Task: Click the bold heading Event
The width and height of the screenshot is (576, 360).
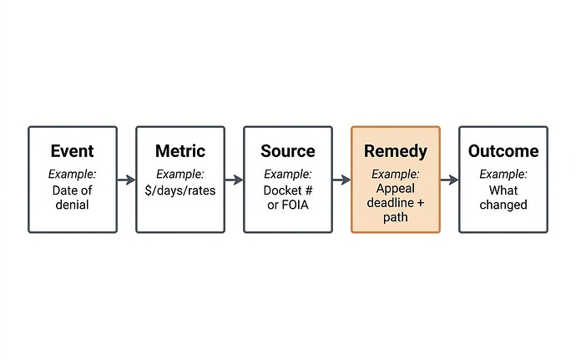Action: coord(72,151)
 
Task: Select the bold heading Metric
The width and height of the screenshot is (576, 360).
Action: coord(179,151)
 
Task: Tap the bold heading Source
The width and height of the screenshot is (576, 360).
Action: coord(287,151)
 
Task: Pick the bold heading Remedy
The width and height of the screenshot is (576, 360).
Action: coord(395,151)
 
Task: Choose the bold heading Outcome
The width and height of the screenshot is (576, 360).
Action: coord(503,151)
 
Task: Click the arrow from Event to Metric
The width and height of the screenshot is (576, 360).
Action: coord(126,180)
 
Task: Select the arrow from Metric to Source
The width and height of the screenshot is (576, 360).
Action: coord(234,180)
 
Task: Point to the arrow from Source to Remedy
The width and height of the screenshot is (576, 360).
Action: coord(341,180)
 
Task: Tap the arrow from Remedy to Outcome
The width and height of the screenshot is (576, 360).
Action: coord(449,180)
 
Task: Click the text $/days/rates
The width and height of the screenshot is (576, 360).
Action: coord(179,190)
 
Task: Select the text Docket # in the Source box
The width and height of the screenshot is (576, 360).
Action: coord(287,190)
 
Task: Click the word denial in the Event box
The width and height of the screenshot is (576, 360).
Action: coord(72,205)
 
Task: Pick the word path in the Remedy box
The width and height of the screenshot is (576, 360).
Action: coord(396,217)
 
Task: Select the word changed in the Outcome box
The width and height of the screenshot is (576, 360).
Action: coord(503,205)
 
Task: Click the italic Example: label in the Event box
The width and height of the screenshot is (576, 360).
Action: coord(72,175)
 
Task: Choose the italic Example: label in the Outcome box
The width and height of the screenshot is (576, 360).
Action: coord(503,175)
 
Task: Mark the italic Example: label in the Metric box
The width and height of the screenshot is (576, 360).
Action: coord(179,175)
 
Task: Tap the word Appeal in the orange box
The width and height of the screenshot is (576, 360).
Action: coord(396,188)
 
